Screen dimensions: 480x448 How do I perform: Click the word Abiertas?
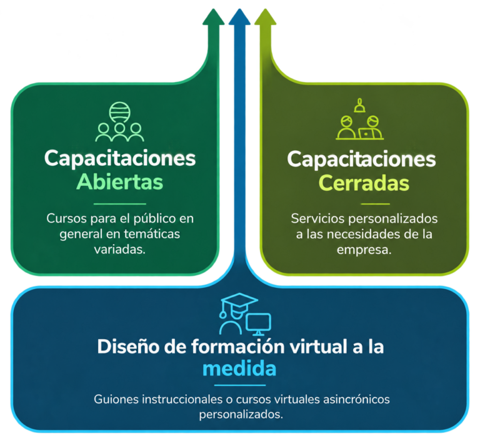tap(120, 182)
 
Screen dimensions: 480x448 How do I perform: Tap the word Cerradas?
tap(364, 183)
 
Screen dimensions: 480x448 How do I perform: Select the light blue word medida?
tap(239, 369)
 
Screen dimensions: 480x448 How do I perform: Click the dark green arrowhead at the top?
tap(213, 17)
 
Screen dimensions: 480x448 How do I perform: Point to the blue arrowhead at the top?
tap(239, 17)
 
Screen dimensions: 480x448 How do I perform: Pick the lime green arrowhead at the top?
tap(266, 17)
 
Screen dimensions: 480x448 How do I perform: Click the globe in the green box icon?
tap(120, 113)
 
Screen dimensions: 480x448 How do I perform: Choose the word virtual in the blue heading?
tap(319, 347)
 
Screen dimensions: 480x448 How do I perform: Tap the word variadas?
tap(120, 250)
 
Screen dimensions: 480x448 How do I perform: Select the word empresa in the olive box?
tap(364, 250)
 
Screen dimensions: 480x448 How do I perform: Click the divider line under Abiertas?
tap(120, 204)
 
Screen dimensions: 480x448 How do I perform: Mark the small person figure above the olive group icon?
tap(360, 105)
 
